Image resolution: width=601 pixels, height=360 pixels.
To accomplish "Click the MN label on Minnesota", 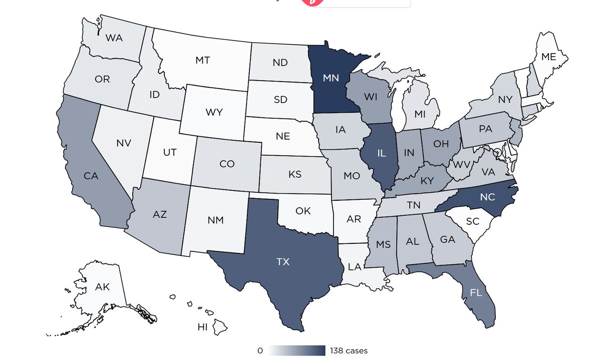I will tap(331, 78).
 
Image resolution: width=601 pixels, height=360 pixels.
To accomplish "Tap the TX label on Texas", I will tap(282, 261).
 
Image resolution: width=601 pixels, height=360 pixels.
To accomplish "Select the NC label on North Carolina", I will tap(487, 197).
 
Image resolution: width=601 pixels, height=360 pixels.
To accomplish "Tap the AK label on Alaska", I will tap(102, 287).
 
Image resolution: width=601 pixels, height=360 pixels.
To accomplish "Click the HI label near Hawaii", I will tap(202, 327).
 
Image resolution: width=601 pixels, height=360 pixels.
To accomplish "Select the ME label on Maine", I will tap(549, 57).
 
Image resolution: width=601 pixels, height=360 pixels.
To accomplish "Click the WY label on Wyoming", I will tap(214, 112).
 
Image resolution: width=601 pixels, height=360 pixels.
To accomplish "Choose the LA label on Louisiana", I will tap(355, 266).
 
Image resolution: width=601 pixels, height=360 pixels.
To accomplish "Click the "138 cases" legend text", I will tap(349, 350).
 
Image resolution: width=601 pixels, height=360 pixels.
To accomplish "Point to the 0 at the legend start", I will tap(260, 350).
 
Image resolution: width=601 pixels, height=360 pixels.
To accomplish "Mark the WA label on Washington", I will tap(115, 37).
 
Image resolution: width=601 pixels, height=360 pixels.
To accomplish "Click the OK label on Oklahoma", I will tap(303, 211).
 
